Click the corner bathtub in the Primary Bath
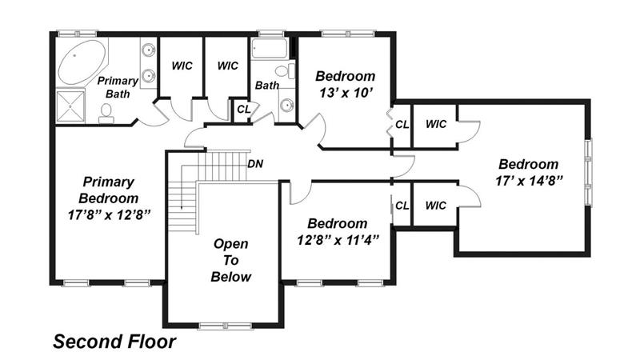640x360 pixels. click(x=82, y=62)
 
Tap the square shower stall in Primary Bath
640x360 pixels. click(x=70, y=106)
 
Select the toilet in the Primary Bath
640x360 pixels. click(x=106, y=114)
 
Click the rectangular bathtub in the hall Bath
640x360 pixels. click(x=269, y=49)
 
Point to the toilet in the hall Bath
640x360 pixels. click(x=286, y=71)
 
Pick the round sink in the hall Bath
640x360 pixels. click(x=287, y=106)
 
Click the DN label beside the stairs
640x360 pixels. click(x=255, y=164)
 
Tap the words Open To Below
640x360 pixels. click(x=230, y=261)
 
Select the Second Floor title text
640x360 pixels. click(x=114, y=342)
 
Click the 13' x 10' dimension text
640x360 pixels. click(x=346, y=93)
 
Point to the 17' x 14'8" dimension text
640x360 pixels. click(x=529, y=181)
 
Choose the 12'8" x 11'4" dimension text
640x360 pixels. click(x=338, y=240)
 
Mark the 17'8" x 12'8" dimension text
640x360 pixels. click(x=109, y=214)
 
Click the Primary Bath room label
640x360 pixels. click(x=118, y=87)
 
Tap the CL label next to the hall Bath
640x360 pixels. click(x=244, y=110)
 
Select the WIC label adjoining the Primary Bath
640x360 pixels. click(x=182, y=66)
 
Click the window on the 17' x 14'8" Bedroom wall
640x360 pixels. click(x=588, y=172)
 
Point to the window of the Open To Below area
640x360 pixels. click(x=225, y=326)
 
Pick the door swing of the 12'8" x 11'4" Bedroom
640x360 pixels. click(x=301, y=193)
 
